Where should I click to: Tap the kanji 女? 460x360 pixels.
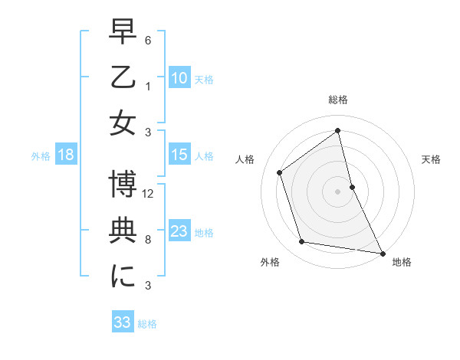point(123,124)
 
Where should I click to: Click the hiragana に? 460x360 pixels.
point(123,276)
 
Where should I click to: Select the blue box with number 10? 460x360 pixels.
point(179,77)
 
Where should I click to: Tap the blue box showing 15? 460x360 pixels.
point(179,155)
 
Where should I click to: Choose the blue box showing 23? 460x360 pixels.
point(179,231)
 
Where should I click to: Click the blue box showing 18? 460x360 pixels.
point(66,155)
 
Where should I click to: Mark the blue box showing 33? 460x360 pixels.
point(123,322)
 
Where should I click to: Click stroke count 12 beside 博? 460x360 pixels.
point(149,195)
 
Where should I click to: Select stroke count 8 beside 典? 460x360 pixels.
point(149,240)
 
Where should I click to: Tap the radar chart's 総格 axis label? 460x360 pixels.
point(338,100)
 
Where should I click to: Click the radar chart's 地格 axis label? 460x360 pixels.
point(402,263)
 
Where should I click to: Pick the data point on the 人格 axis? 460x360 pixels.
point(280,172)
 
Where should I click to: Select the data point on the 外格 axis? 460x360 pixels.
point(302,242)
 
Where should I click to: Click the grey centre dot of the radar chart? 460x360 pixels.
point(338,191)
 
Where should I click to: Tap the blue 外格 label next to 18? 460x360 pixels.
point(41,156)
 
